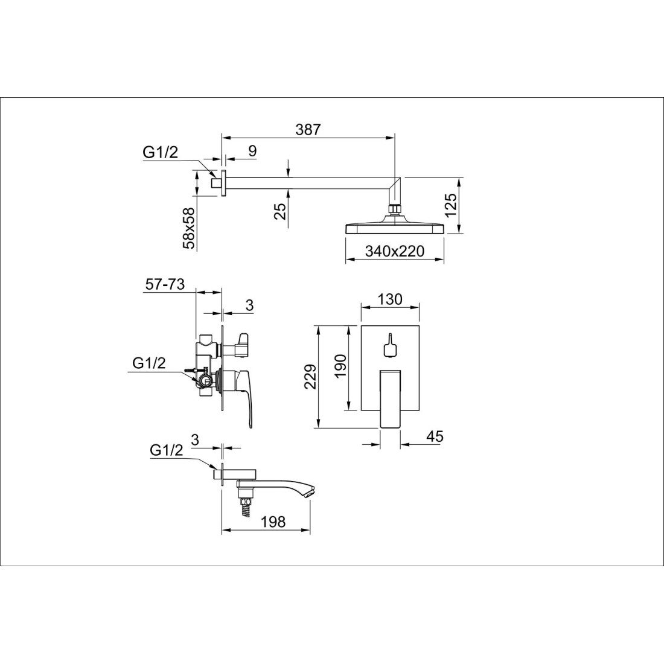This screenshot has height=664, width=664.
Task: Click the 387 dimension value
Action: (x=308, y=129)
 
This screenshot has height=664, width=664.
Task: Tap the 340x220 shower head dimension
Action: (x=394, y=251)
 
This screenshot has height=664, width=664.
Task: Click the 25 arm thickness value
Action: (x=279, y=210)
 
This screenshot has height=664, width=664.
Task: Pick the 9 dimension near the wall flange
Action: (x=252, y=151)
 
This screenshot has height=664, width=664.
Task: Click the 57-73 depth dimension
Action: (x=165, y=284)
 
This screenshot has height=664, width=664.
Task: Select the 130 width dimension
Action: (x=389, y=299)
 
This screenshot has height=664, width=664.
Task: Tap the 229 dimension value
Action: (x=310, y=377)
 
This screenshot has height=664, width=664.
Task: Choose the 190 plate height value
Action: (x=340, y=367)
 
